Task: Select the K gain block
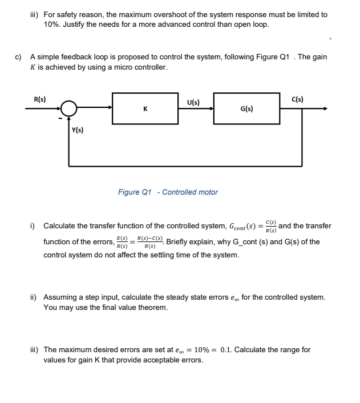[x=146, y=108]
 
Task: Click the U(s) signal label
[x=193, y=103]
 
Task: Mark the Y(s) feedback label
[x=78, y=130]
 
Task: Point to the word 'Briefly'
[x=179, y=241]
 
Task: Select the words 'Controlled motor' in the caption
[x=190, y=192]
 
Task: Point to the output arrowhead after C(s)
[x=326, y=108]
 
